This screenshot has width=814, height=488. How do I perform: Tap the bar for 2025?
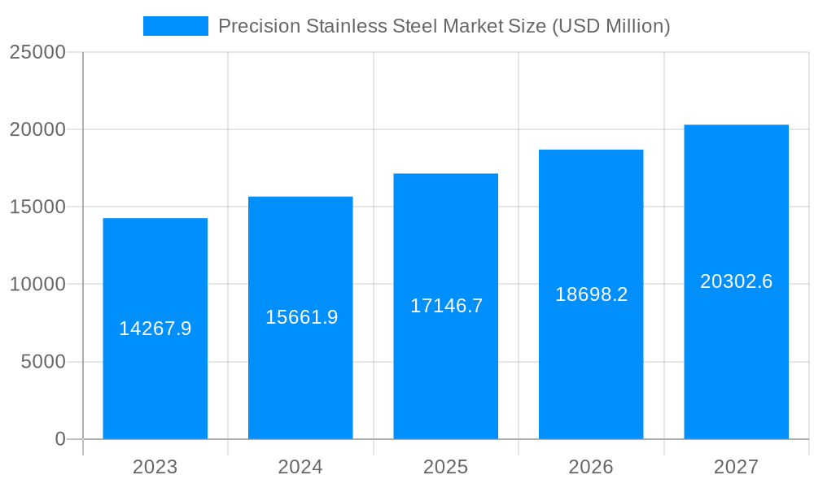pyautogui.click(x=445, y=366)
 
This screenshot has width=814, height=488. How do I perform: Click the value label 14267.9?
pyautogui.click(x=155, y=329)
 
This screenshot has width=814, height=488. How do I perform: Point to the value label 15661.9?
pyautogui.click(x=301, y=317)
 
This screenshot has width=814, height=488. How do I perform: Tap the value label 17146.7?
pyautogui.click(x=446, y=306)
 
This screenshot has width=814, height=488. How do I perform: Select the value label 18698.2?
pyautogui.click(x=591, y=294)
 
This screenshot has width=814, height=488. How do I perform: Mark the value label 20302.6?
pyautogui.click(x=736, y=281)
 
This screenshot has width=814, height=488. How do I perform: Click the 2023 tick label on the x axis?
pyautogui.click(x=155, y=467)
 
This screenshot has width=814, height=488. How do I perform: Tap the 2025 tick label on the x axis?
pyautogui.click(x=445, y=467)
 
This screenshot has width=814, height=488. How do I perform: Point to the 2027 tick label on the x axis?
pyautogui.click(x=736, y=467)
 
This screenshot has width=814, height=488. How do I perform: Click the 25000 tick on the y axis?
pyautogui.click(x=37, y=52)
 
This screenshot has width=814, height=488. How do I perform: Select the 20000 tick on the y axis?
pyautogui.click(x=37, y=129)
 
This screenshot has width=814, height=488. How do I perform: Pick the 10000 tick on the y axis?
pyautogui.click(x=37, y=285)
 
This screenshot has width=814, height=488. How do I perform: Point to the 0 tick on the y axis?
pyautogui.click(x=59, y=439)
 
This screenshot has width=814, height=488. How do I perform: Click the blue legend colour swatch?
pyautogui.click(x=175, y=26)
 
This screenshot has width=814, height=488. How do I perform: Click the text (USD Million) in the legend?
pyautogui.click(x=610, y=26)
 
